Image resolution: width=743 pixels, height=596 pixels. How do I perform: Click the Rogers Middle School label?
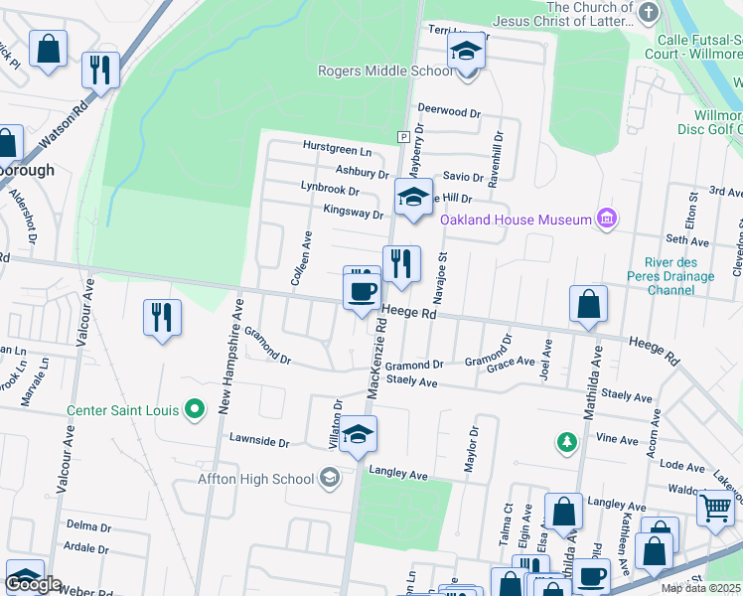coord(385,71)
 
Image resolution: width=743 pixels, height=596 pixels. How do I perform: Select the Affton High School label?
coord(256,479)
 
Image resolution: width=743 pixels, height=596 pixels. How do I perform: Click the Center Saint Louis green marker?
coord(195,409)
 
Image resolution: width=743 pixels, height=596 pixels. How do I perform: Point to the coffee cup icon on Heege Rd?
coord(362,291)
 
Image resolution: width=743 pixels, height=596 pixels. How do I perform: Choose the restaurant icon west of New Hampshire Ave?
coord(162,318)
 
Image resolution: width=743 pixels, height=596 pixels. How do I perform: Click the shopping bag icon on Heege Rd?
coord(588,305)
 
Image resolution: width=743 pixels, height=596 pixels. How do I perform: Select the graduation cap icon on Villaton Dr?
coord(358,434)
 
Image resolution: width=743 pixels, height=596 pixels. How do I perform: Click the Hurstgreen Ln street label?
coord(337,151)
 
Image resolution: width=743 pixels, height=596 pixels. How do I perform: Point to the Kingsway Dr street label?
coord(353,213)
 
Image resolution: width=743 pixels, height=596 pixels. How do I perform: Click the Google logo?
coord(33,584)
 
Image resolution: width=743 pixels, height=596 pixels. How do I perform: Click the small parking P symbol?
coord(403,136)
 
